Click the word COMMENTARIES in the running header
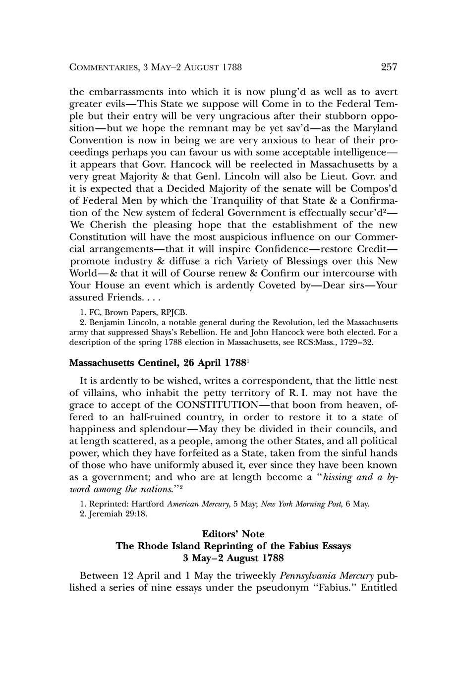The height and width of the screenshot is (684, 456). [102, 67]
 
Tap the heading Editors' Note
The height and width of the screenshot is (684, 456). [233, 534]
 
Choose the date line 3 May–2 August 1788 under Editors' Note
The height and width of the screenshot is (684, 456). [233, 559]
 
